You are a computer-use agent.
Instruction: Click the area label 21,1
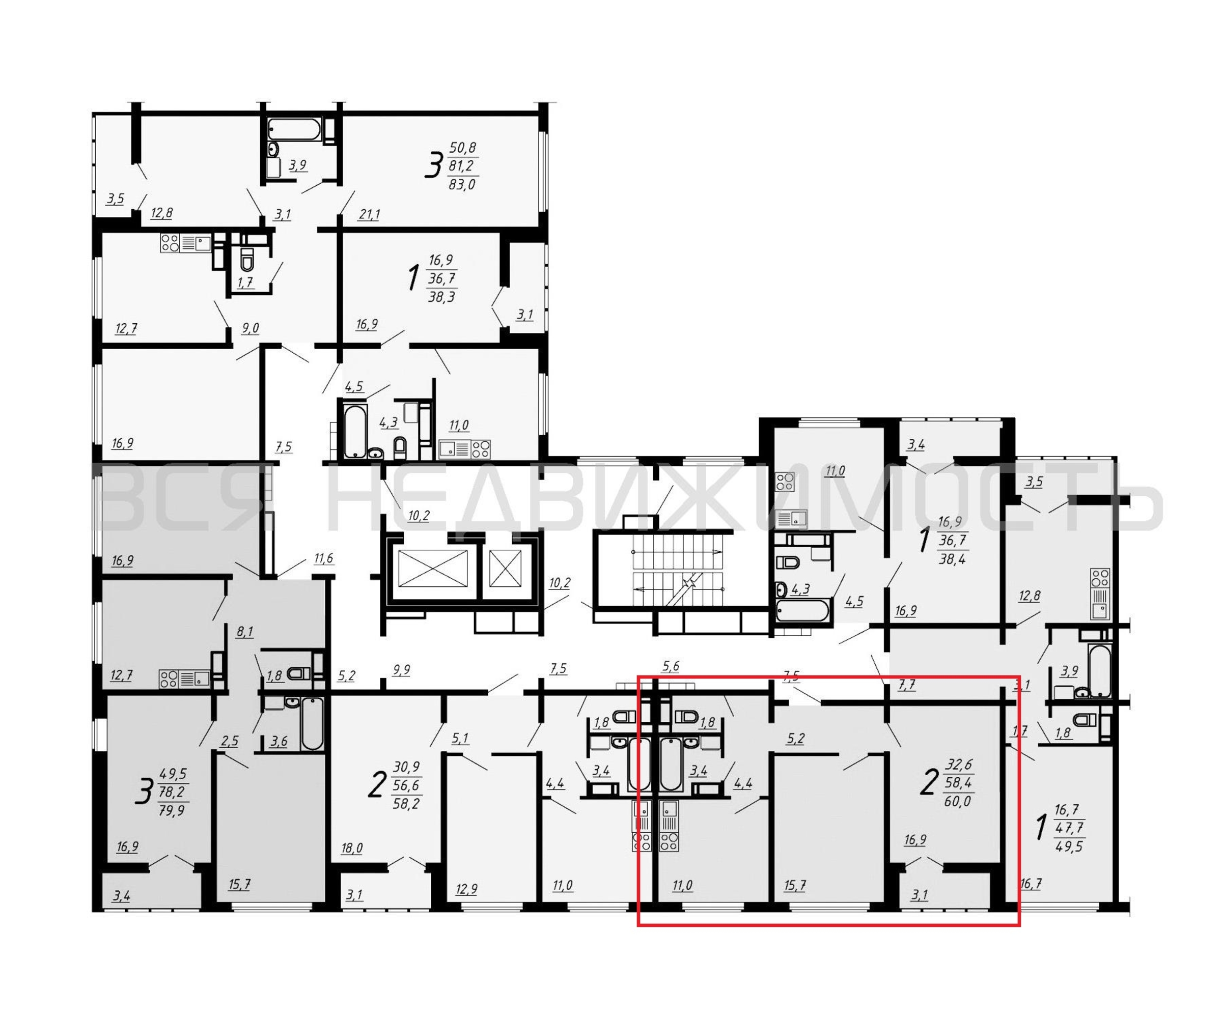tap(369, 215)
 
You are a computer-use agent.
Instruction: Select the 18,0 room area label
tap(351, 849)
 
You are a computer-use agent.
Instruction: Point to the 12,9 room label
tap(466, 888)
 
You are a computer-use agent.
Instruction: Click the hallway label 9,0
tap(250, 328)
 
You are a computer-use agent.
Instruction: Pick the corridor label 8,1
tap(245, 632)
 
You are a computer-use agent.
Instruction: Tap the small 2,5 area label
tap(229, 741)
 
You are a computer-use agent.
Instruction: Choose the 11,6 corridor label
tap(323, 559)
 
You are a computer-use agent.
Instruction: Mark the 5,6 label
tap(671, 667)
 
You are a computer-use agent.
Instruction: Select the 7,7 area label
tap(907, 686)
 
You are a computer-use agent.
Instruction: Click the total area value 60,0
tap(958, 801)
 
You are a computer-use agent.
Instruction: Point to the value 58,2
tap(406, 805)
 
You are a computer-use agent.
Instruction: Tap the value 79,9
tap(171, 810)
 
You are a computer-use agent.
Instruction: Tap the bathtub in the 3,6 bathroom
tap(312, 724)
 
